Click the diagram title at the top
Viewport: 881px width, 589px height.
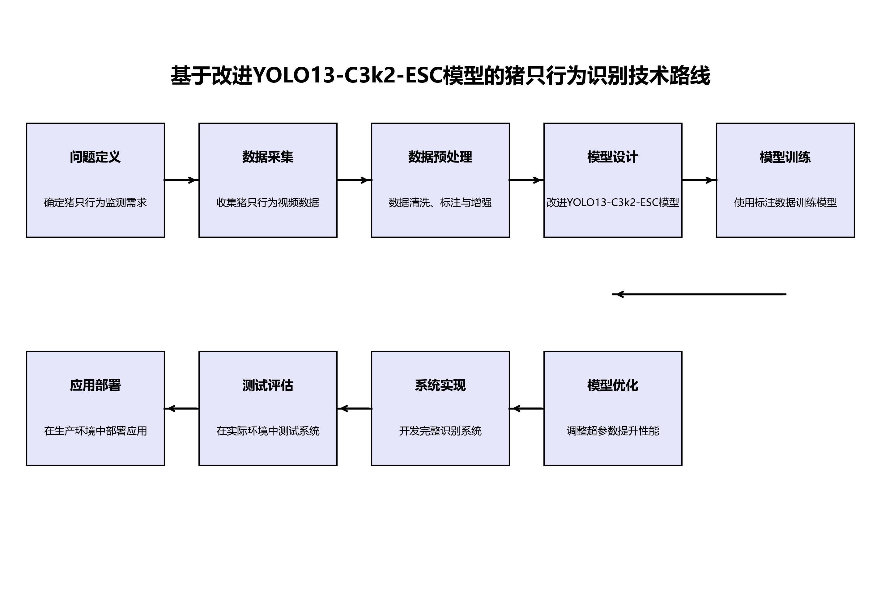pyautogui.click(x=440, y=75)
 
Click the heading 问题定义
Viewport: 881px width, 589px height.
pyautogui.click(x=95, y=157)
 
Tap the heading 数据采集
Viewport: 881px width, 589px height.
pyautogui.click(x=268, y=157)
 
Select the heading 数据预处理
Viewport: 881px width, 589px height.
pyautogui.click(x=440, y=157)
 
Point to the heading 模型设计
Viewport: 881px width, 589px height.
pyautogui.click(x=613, y=157)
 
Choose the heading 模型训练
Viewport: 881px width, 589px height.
pyautogui.click(x=785, y=157)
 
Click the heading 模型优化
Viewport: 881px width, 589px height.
pyautogui.click(x=613, y=385)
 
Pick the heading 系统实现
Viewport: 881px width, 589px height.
pyautogui.click(x=440, y=385)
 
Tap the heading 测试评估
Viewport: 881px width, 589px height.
pyautogui.click(x=268, y=385)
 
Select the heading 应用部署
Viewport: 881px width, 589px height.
pyautogui.click(x=95, y=385)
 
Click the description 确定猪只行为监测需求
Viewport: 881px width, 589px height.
pyautogui.click(x=95, y=203)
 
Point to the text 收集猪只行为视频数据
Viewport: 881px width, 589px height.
pyautogui.click(x=268, y=203)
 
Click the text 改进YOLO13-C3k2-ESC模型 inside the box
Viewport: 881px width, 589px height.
pyautogui.click(x=613, y=203)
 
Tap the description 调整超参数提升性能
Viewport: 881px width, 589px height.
pyautogui.click(x=613, y=431)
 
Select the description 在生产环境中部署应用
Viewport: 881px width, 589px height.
pyautogui.click(x=95, y=431)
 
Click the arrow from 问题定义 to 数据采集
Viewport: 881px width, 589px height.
pyautogui.click(x=181, y=180)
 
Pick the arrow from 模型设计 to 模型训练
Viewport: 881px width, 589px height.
pyautogui.click(x=699, y=180)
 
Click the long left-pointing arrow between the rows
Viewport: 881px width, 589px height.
pyautogui.click(x=699, y=294)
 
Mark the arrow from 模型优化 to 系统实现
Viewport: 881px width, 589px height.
pyautogui.click(x=526, y=408)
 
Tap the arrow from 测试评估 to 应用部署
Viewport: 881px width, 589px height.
pyautogui.click(x=181, y=408)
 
